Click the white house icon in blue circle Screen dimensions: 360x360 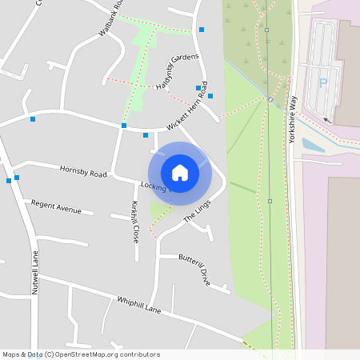coord(179,173)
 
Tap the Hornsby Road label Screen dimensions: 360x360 coord(83,172)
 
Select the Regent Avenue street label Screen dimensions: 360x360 coord(56,208)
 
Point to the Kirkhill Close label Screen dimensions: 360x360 coord(135,222)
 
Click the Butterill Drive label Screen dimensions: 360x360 coord(194,270)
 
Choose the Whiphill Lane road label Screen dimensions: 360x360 coord(139,305)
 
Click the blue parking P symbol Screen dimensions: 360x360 coord(324,82)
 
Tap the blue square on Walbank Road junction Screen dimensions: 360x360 coord(124,126)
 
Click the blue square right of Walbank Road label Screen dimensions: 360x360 coord(202,30)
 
